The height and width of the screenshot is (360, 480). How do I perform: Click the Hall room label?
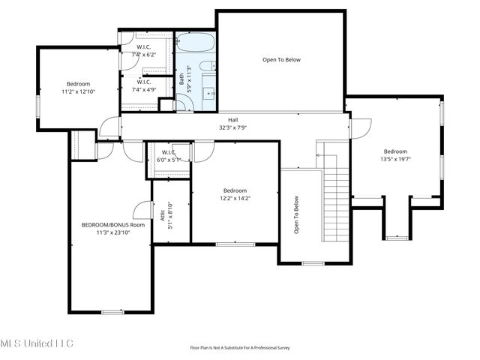click(x=233, y=120)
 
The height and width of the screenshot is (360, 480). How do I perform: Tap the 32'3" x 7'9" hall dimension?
click(x=233, y=127)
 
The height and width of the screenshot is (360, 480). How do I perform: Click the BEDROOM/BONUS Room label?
click(x=113, y=225)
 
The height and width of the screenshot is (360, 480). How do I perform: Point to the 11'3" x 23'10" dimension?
click(x=113, y=232)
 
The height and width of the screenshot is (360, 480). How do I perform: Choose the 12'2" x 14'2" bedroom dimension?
click(x=233, y=199)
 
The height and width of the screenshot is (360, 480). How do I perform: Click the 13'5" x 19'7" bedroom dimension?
click(x=395, y=159)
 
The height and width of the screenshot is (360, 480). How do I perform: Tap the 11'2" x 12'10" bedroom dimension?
click(x=78, y=91)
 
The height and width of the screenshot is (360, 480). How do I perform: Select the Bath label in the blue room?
click(x=181, y=77)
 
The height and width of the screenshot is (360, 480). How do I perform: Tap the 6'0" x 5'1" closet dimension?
click(x=168, y=159)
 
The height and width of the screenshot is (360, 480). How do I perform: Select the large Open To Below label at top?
click(x=281, y=60)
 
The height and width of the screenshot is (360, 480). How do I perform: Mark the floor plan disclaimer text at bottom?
click(x=240, y=347)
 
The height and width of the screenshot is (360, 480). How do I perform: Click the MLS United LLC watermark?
click(x=37, y=343)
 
